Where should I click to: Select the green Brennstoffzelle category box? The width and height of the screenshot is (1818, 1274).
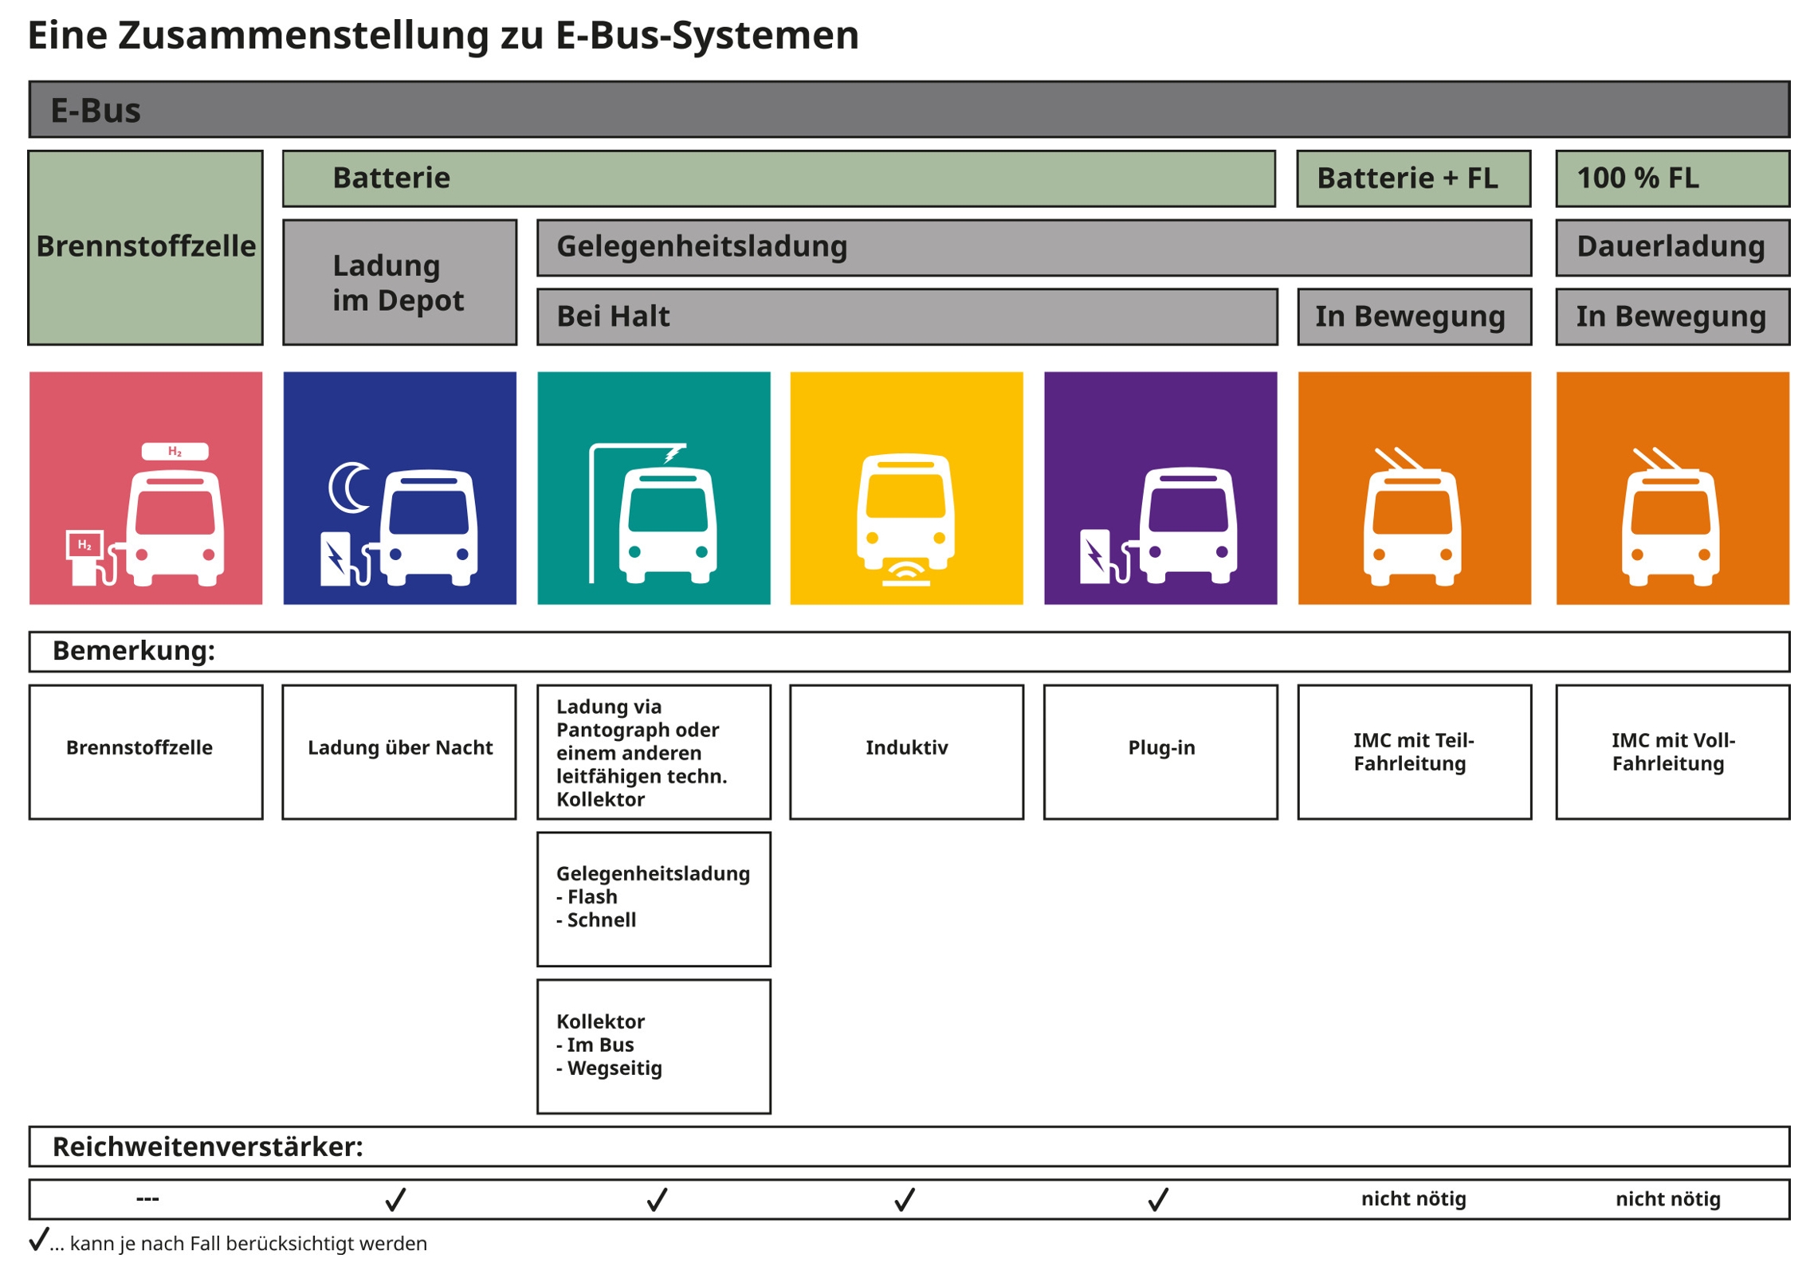[145, 247]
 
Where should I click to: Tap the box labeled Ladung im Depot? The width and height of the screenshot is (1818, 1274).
[399, 282]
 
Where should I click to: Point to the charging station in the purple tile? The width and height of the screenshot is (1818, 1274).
[1096, 555]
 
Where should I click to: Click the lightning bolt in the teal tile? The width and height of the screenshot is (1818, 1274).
[673, 453]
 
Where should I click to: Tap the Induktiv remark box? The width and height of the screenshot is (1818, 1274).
[905, 751]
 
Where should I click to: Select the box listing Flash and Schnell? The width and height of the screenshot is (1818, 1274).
[653, 898]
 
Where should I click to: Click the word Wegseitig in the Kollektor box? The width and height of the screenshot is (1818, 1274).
[614, 1068]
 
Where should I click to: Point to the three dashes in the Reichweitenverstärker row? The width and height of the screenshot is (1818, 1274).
[147, 1198]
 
